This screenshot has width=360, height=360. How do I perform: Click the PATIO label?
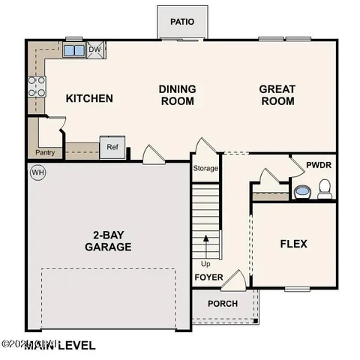point(182,21)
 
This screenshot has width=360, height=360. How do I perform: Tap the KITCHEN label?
point(89,98)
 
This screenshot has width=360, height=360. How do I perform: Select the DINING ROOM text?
point(177,94)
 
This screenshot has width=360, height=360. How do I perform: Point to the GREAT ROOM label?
point(277,94)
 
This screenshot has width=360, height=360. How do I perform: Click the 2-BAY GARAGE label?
point(108,241)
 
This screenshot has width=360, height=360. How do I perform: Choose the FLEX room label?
point(293,244)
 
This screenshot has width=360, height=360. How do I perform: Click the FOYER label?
point(208,277)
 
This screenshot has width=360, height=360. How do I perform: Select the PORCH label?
point(223,304)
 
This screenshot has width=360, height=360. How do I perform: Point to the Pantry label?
point(44,153)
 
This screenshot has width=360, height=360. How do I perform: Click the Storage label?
point(205,169)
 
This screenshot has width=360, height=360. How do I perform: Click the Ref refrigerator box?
point(112,147)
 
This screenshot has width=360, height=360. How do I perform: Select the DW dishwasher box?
point(94,50)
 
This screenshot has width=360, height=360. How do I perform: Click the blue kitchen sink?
point(73,51)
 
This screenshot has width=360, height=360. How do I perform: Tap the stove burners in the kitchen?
point(35,87)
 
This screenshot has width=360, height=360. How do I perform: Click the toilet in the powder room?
point(325,189)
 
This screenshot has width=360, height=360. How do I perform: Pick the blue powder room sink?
point(301,192)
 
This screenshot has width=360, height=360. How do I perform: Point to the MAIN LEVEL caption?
point(63,345)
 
